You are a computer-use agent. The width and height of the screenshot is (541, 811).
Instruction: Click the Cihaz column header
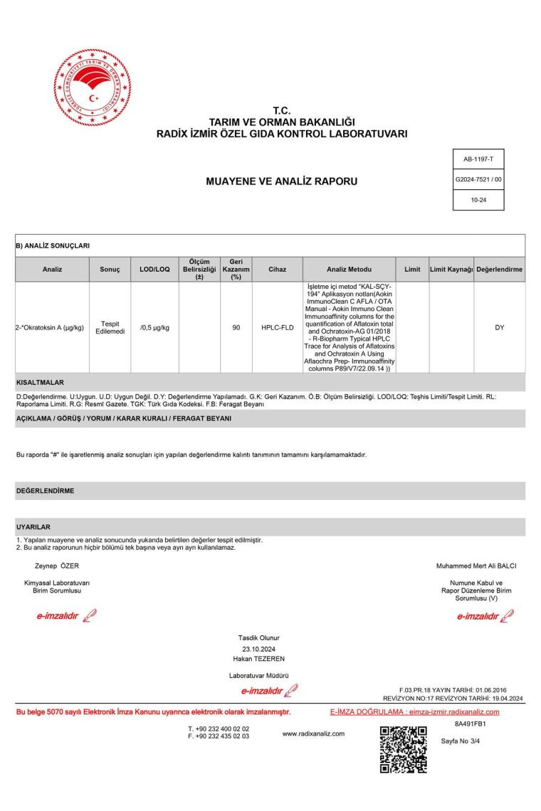[278, 270]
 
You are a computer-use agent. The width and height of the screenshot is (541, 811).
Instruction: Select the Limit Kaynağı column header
[451, 270]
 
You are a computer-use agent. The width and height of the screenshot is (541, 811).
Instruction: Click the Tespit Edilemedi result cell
[110, 327]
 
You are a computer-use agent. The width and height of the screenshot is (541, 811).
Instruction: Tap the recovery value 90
[236, 327]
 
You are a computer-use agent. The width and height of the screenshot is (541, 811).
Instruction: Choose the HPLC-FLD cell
[278, 327]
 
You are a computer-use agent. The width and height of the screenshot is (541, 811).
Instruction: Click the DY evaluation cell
[499, 327]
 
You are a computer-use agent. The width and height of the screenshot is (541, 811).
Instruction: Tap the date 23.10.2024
[260, 648]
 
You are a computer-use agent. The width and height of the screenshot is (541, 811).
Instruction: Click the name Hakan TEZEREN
[260, 659]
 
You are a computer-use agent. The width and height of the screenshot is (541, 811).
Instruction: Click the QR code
[404, 748]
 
